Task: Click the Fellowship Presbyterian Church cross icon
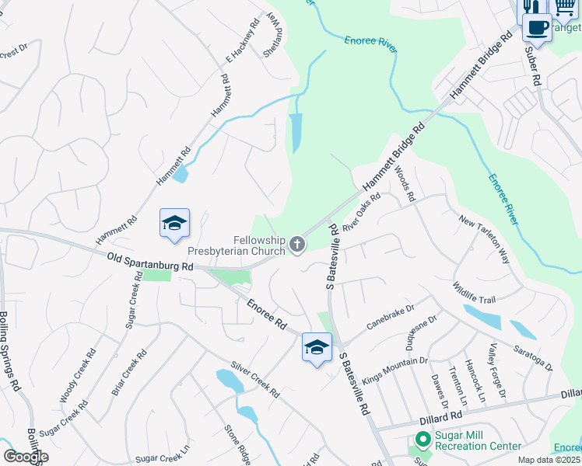(x=296, y=245)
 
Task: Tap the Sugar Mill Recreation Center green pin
(x=422, y=440)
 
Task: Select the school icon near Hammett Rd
(x=175, y=224)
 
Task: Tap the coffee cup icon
(x=536, y=29)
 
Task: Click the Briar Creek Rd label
(x=129, y=374)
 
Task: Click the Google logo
(x=26, y=457)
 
